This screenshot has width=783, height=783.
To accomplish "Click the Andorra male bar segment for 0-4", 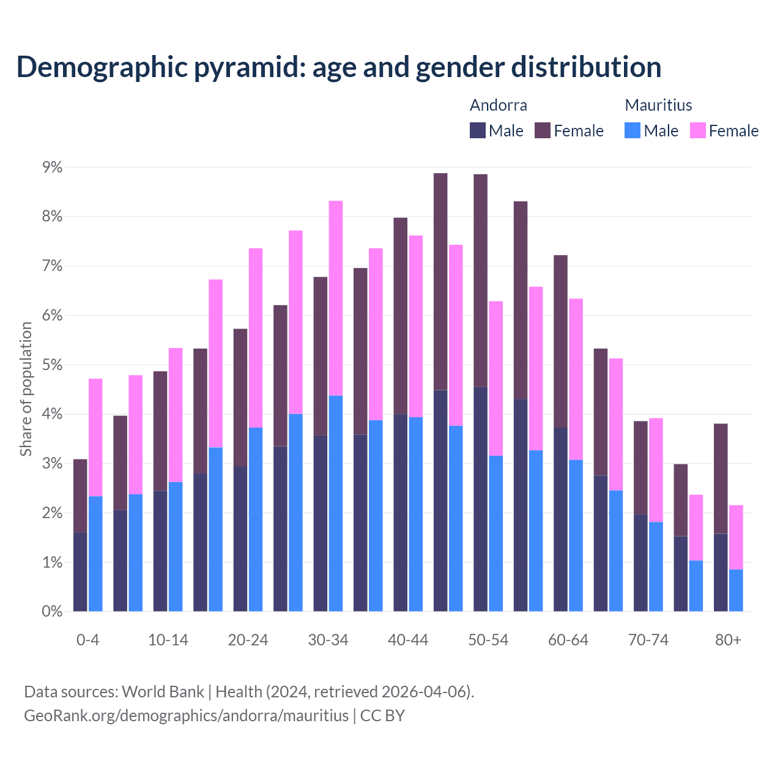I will [x=80, y=572].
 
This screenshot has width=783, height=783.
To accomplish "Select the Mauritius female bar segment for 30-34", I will [x=336, y=298].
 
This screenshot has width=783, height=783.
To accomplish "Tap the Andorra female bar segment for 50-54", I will [x=481, y=281].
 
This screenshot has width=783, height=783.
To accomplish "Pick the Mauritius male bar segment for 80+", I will [x=736, y=590].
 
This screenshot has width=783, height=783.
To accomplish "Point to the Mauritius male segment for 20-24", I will [x=256, y=519].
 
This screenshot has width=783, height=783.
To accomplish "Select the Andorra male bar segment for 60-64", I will [x=560, y=519].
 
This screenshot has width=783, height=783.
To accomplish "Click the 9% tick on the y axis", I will [x=52, y=167].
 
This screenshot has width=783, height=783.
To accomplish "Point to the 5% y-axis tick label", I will [x=52, y=365].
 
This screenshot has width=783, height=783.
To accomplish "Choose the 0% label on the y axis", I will [x=52, y=612].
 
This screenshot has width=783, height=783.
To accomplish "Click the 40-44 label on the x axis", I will [x=408, y=640].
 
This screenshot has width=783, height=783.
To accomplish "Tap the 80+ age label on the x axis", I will [x=728, y=640].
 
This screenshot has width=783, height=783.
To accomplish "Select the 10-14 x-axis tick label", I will [x=168, y=640].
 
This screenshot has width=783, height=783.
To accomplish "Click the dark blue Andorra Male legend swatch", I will [x=478, y=130].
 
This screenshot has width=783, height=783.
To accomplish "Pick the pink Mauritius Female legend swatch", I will [x=698, y=130].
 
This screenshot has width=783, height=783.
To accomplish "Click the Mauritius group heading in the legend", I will [x=658, y=105].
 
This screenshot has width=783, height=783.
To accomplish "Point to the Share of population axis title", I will [x=26, y=389].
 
